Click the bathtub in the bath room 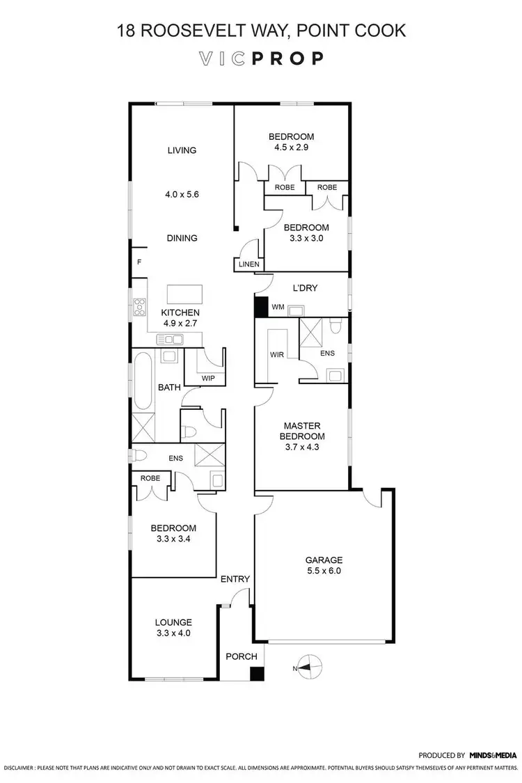pos(144,381)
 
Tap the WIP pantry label pos(207,378)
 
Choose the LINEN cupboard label pos(248,264)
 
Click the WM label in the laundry pos(278,307)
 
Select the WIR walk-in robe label pos(276,354)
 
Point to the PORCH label pos(242,656)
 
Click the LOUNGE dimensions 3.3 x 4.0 pos(173,633)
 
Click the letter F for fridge pos(139,262)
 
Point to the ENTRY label pos(235,578)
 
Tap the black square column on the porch pos(258,674)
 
